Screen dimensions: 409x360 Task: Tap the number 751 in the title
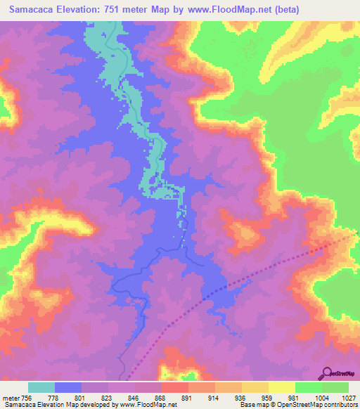122,10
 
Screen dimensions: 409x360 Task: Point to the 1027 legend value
349,397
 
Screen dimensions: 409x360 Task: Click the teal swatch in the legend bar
41,387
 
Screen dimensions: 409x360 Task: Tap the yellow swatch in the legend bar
281,387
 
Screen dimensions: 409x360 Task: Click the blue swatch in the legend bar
68,387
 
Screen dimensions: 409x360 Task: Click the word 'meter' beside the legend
12,397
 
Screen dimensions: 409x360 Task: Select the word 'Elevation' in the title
79,10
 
